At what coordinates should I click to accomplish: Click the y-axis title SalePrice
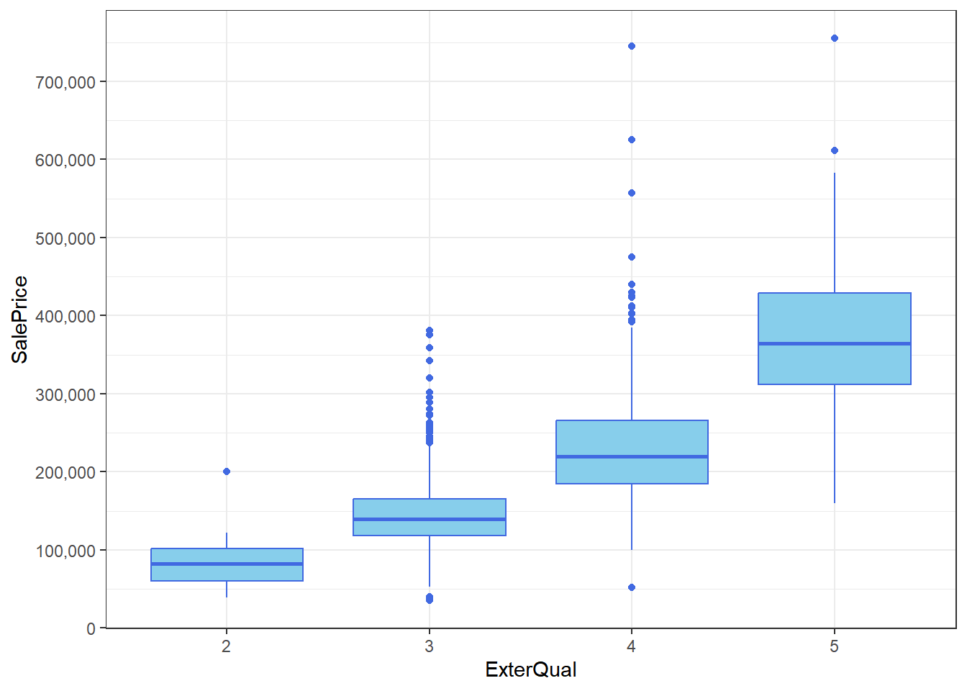click(19, 319)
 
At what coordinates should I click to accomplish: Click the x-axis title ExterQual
click(530, 669)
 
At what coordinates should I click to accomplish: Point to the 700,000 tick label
click(65, 82)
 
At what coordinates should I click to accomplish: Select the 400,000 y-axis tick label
click(65, 316)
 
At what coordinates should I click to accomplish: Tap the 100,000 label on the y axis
click(65, 551)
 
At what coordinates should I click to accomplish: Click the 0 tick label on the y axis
click(91, 628)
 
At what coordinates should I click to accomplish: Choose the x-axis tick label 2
click(226, 646)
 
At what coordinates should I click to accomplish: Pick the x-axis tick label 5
click(834, 646)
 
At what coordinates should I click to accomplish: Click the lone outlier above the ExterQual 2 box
click(227, 471)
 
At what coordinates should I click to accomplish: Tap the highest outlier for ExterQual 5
click(835, 38)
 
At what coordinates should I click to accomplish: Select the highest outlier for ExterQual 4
click(632, 46)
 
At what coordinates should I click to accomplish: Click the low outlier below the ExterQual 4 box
click(632, 587)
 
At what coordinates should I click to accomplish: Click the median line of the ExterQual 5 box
click(835, 344)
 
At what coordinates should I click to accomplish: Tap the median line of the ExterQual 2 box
click(227, 564)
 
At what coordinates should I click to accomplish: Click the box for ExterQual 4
click(632, 439)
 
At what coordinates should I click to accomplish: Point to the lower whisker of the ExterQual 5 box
click(835, 443)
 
